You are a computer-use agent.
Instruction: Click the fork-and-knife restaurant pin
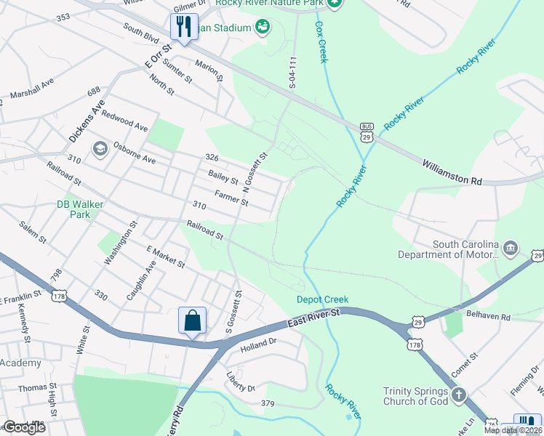coord(183,28)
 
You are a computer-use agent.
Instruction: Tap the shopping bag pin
coord(192,320)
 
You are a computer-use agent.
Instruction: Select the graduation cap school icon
coord(100,149)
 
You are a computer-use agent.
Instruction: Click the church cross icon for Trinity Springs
coord(458,395)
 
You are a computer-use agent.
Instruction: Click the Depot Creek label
coord(322,299)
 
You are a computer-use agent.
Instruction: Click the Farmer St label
coord(231,197)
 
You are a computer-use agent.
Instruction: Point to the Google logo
coord(24,427)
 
